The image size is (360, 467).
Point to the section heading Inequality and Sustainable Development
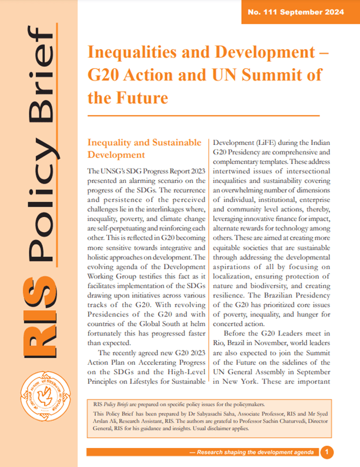tap(144, 148)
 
